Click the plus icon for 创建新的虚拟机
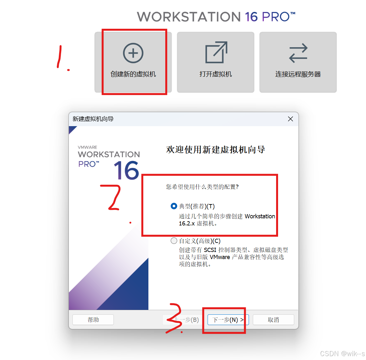coord(133,53)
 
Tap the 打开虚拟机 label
coord(216,74)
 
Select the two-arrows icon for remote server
coord(298,53)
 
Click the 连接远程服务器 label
coord(298,74)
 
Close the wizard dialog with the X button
coord(290,119)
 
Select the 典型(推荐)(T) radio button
coord(174,206)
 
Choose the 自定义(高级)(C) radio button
coord(174,241)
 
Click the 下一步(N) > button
coord(228,320)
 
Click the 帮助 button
coord(93,320)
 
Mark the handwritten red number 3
coord(175,318)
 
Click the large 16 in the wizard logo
coord(126,170)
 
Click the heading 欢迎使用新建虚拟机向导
coord(215,149)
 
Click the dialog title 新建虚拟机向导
coord(93,119)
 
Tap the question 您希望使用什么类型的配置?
coord(202,187)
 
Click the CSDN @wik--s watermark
coord(342,354)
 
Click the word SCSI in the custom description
coord(210,250)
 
